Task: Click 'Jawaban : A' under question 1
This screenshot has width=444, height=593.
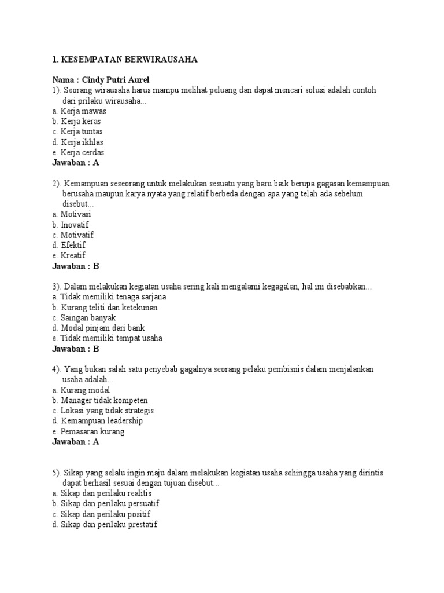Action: click(x=76, y=163)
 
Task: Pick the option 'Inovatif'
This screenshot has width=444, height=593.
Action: click(x=75, y=225)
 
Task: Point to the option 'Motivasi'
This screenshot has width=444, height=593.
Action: click(x=76, y=214)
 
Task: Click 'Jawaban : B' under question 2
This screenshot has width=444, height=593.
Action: click(x=76, y=266)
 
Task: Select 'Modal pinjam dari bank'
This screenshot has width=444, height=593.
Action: click(x=99, y=328)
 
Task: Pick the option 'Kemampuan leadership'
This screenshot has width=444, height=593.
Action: click(x=101, y=421)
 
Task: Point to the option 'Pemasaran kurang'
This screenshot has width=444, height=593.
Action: click(x=92, y=431)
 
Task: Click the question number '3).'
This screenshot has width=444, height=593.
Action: click(x=57, y=287)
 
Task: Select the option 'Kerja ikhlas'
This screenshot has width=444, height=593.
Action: click(x=82, y=142)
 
